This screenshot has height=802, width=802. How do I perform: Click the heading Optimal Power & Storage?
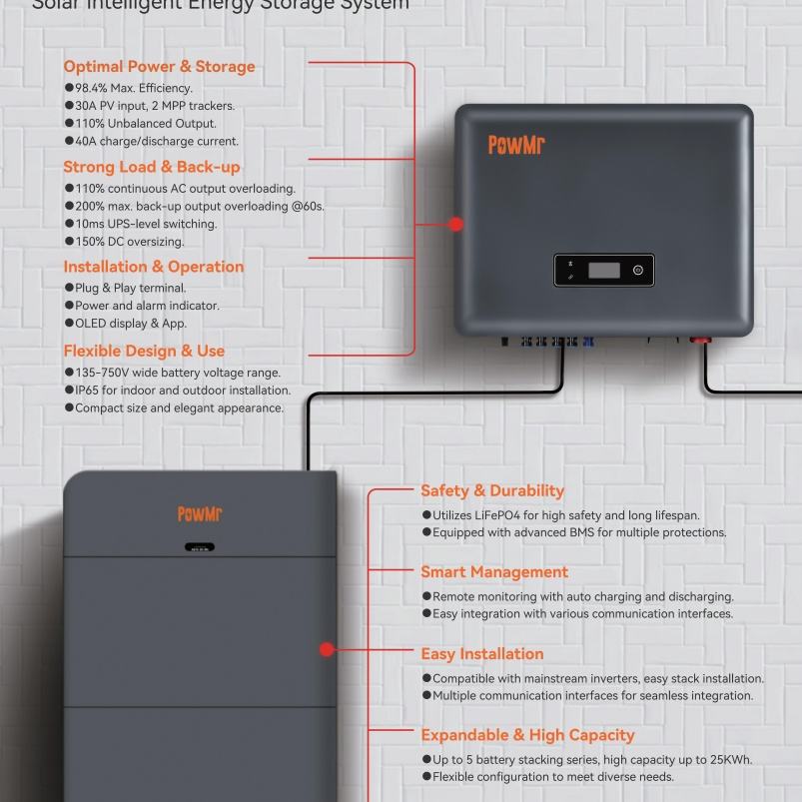(x=159, y=67)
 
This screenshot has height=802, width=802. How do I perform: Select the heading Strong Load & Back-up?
(x=152, y=167)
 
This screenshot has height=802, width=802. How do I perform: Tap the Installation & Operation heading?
(x=153, y=267)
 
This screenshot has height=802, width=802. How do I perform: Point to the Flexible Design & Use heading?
(x=144, y=351)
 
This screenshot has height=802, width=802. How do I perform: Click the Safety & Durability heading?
(x=492, y=490)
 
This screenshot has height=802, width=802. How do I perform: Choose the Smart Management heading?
(x=494, y=572)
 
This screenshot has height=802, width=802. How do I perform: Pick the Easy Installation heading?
(x=482, y=654)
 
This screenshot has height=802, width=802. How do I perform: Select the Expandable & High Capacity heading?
(x=527, y=735)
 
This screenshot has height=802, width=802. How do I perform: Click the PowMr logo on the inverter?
(x=516, y=146)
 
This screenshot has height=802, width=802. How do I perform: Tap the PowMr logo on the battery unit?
(x=200, y=514)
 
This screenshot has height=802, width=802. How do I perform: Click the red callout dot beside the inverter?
(x=456, y=225)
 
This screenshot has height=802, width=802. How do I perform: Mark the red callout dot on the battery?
(x=327, y=649)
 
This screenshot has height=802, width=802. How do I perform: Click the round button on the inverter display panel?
(x=638, y=270)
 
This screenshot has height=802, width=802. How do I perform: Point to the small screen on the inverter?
(x=604, y=270)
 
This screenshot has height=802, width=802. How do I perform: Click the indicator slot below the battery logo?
(x=200, y=547)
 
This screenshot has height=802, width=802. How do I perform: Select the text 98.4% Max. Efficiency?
(x=128, y=89)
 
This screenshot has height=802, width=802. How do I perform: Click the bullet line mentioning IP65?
(x=178, y=391)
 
